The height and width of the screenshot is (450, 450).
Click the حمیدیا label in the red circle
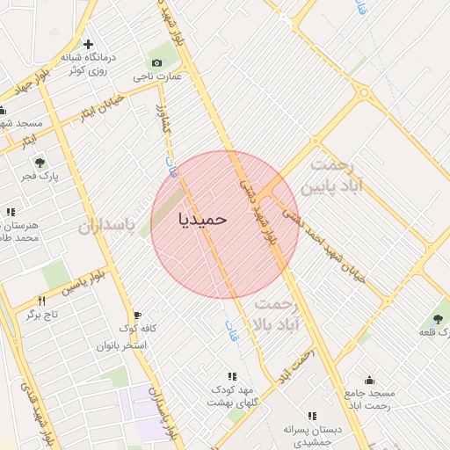coord(203,217)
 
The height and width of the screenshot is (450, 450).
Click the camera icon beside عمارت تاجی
coord(156,62)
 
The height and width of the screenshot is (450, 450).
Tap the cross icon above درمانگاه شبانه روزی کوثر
coord(88,44)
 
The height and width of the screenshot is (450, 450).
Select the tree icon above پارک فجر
coord(39,163)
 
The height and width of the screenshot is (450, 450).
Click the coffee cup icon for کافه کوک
coord(137,316)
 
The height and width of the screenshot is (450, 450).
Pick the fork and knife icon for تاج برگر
coord(40,301)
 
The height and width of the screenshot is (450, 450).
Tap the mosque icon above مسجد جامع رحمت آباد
coord(369,381)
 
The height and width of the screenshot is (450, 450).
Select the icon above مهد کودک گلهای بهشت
coord(231,376)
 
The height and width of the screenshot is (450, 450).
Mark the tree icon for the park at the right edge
coord(438,319)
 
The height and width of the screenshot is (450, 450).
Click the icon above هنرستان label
coord(11,212)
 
